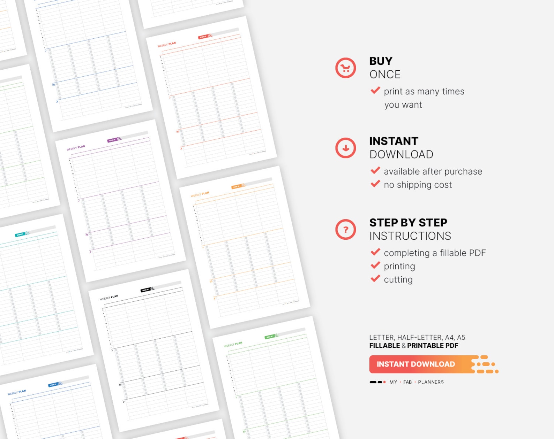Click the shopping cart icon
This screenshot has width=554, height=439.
(x=345, y=68)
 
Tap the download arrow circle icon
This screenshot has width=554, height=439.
(x=345, y=148)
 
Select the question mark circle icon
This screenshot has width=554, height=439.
(x=345, y=230)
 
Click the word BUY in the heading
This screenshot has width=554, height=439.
(x=381, y=61)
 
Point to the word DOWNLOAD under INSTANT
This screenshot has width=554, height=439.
(x=401, y=154)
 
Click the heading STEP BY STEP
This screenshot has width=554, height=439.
(x=408, y=223)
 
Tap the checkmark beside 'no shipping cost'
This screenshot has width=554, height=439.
(x=375, y=184)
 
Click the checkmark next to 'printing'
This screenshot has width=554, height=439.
(x=375, y=265)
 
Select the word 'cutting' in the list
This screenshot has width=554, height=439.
(x=398, y=280)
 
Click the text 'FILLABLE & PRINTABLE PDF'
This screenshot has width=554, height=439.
(x=413, y=346)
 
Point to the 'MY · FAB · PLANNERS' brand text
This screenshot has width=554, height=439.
(x=416, y=382)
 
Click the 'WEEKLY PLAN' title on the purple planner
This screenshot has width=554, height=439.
(x=76, y=148)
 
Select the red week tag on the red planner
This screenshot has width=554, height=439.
(x=203, y=37)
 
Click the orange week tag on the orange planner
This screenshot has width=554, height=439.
(x=237, y=187)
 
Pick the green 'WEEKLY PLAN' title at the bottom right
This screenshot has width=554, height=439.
(x=233, y=345)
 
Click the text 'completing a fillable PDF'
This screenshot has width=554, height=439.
(x=434, y=253)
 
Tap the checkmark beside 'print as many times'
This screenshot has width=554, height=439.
(x=375, y=91)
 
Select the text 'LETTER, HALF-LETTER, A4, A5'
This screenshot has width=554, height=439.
(x=417, y=337)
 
